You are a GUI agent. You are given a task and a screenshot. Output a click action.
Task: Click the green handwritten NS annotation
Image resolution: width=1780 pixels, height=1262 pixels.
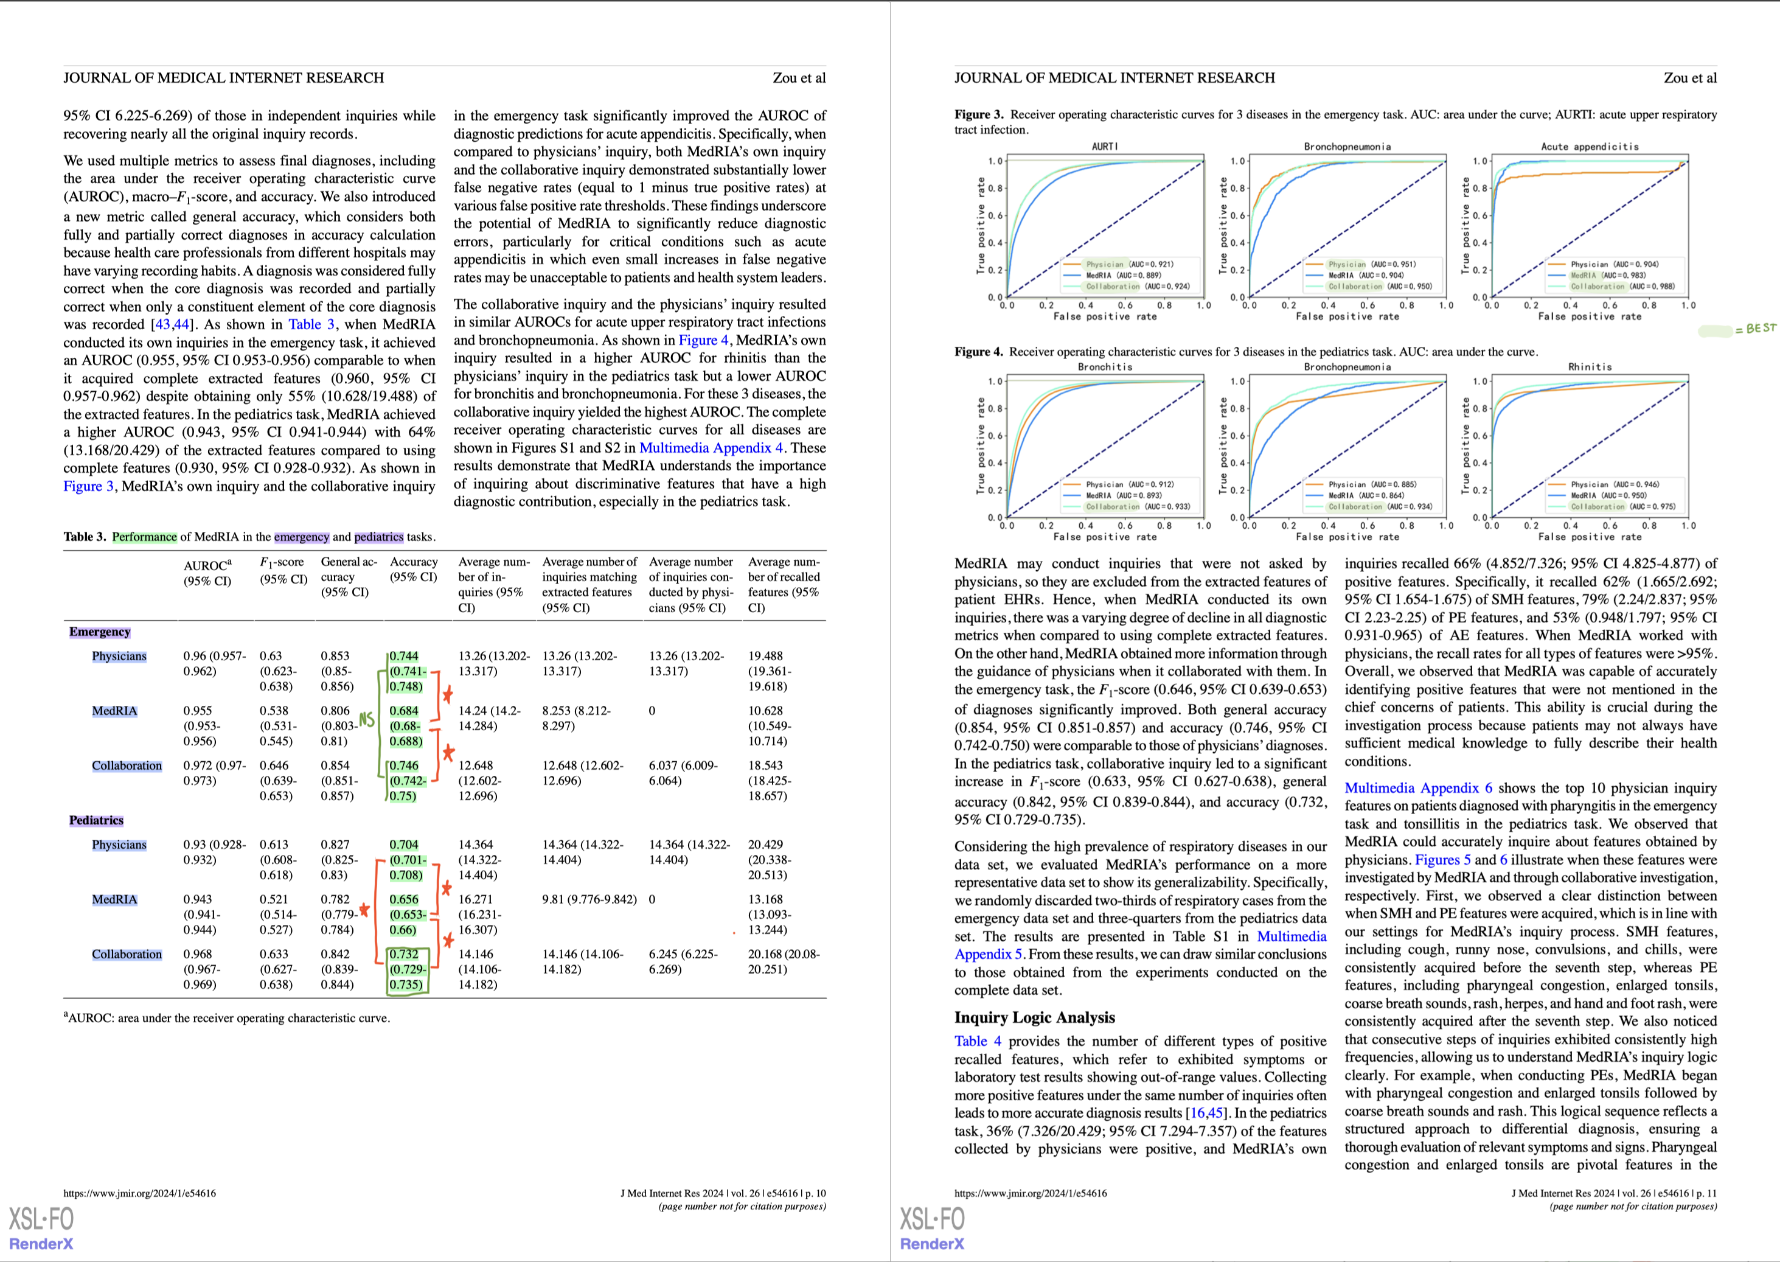coord(366,720)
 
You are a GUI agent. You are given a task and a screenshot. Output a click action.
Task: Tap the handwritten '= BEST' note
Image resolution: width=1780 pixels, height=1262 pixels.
coord(1755,329)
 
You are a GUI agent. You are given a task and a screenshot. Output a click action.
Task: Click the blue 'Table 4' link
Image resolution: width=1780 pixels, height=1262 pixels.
coord(978,1041)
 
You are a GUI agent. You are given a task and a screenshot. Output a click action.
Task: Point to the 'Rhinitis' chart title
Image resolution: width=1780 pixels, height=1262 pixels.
coord(1590,367)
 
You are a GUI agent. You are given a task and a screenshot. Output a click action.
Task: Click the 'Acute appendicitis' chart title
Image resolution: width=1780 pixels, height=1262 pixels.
coord(1590,146)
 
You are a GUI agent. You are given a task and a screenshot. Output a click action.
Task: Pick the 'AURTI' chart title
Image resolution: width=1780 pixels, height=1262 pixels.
coord(1104,146)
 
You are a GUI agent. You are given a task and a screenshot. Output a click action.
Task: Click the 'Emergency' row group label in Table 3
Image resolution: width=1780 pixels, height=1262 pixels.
coord(99,632)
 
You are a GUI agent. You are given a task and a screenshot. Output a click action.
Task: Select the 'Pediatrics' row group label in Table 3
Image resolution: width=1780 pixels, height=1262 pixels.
coord(96,821)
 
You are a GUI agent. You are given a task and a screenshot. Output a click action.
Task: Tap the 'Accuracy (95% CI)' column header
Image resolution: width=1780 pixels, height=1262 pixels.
coord(413,570)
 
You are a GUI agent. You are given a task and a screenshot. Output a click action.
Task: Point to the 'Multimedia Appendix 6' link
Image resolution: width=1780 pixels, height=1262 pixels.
coord(1418,788)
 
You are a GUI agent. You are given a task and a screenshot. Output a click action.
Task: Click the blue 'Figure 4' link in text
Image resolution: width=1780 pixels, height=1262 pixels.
coord(703,340)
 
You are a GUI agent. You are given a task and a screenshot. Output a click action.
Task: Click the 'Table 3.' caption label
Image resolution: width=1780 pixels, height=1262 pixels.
coord(85,537)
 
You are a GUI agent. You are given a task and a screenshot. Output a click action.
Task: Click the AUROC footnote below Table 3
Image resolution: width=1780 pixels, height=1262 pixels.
coord(227,1018)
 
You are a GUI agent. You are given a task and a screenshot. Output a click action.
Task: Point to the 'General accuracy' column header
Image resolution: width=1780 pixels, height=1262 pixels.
coord(348,577)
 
